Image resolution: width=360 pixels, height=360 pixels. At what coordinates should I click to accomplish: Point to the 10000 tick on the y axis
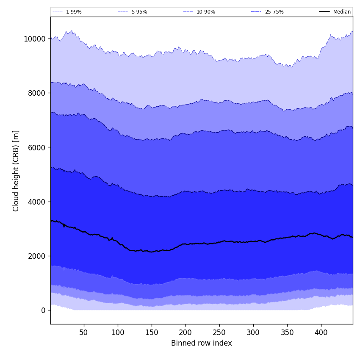(35, 39)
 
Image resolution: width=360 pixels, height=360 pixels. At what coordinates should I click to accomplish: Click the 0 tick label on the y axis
(43, 310)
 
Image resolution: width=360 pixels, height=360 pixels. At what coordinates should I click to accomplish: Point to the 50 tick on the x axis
(84, 332)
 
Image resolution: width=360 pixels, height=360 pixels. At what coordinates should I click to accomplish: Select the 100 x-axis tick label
(118, 332)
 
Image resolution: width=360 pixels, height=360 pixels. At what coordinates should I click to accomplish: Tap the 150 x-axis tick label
(152, 332)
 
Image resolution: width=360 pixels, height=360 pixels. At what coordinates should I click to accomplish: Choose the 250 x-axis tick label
(219, 332)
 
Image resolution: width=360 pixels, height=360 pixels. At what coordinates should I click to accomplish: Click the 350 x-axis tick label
(287, 332)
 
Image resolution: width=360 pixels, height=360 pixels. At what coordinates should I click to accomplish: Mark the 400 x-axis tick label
(321, 332)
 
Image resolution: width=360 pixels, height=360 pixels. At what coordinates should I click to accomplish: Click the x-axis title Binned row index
(202, 343)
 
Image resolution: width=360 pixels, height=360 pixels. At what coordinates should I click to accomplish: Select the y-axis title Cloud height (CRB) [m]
(16, 171)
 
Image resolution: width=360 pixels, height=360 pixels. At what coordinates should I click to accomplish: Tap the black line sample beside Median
(325, 12)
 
